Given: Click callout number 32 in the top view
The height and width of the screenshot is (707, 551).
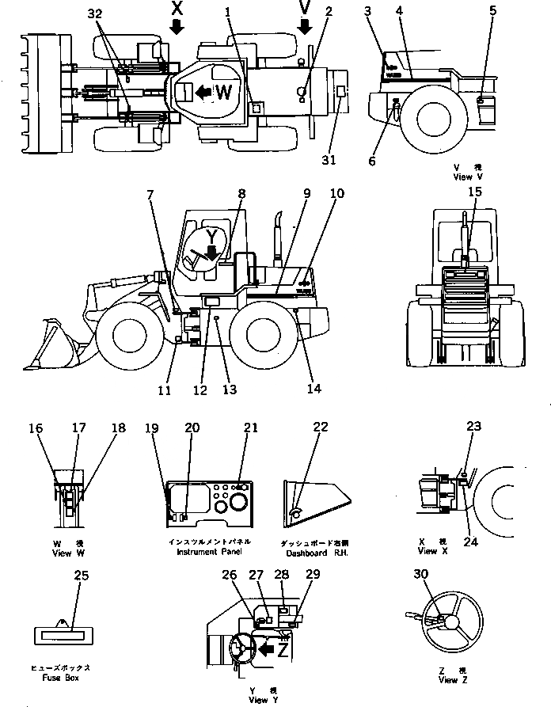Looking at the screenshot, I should click(95, 15).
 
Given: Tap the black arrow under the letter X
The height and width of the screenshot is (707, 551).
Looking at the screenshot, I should click(177, 28).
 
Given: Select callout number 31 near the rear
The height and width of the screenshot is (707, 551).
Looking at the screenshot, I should click(329, 160).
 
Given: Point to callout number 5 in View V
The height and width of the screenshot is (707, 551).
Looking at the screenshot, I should click(493, 11).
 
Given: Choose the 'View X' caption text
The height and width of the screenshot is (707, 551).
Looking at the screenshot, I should click(428, 549).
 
